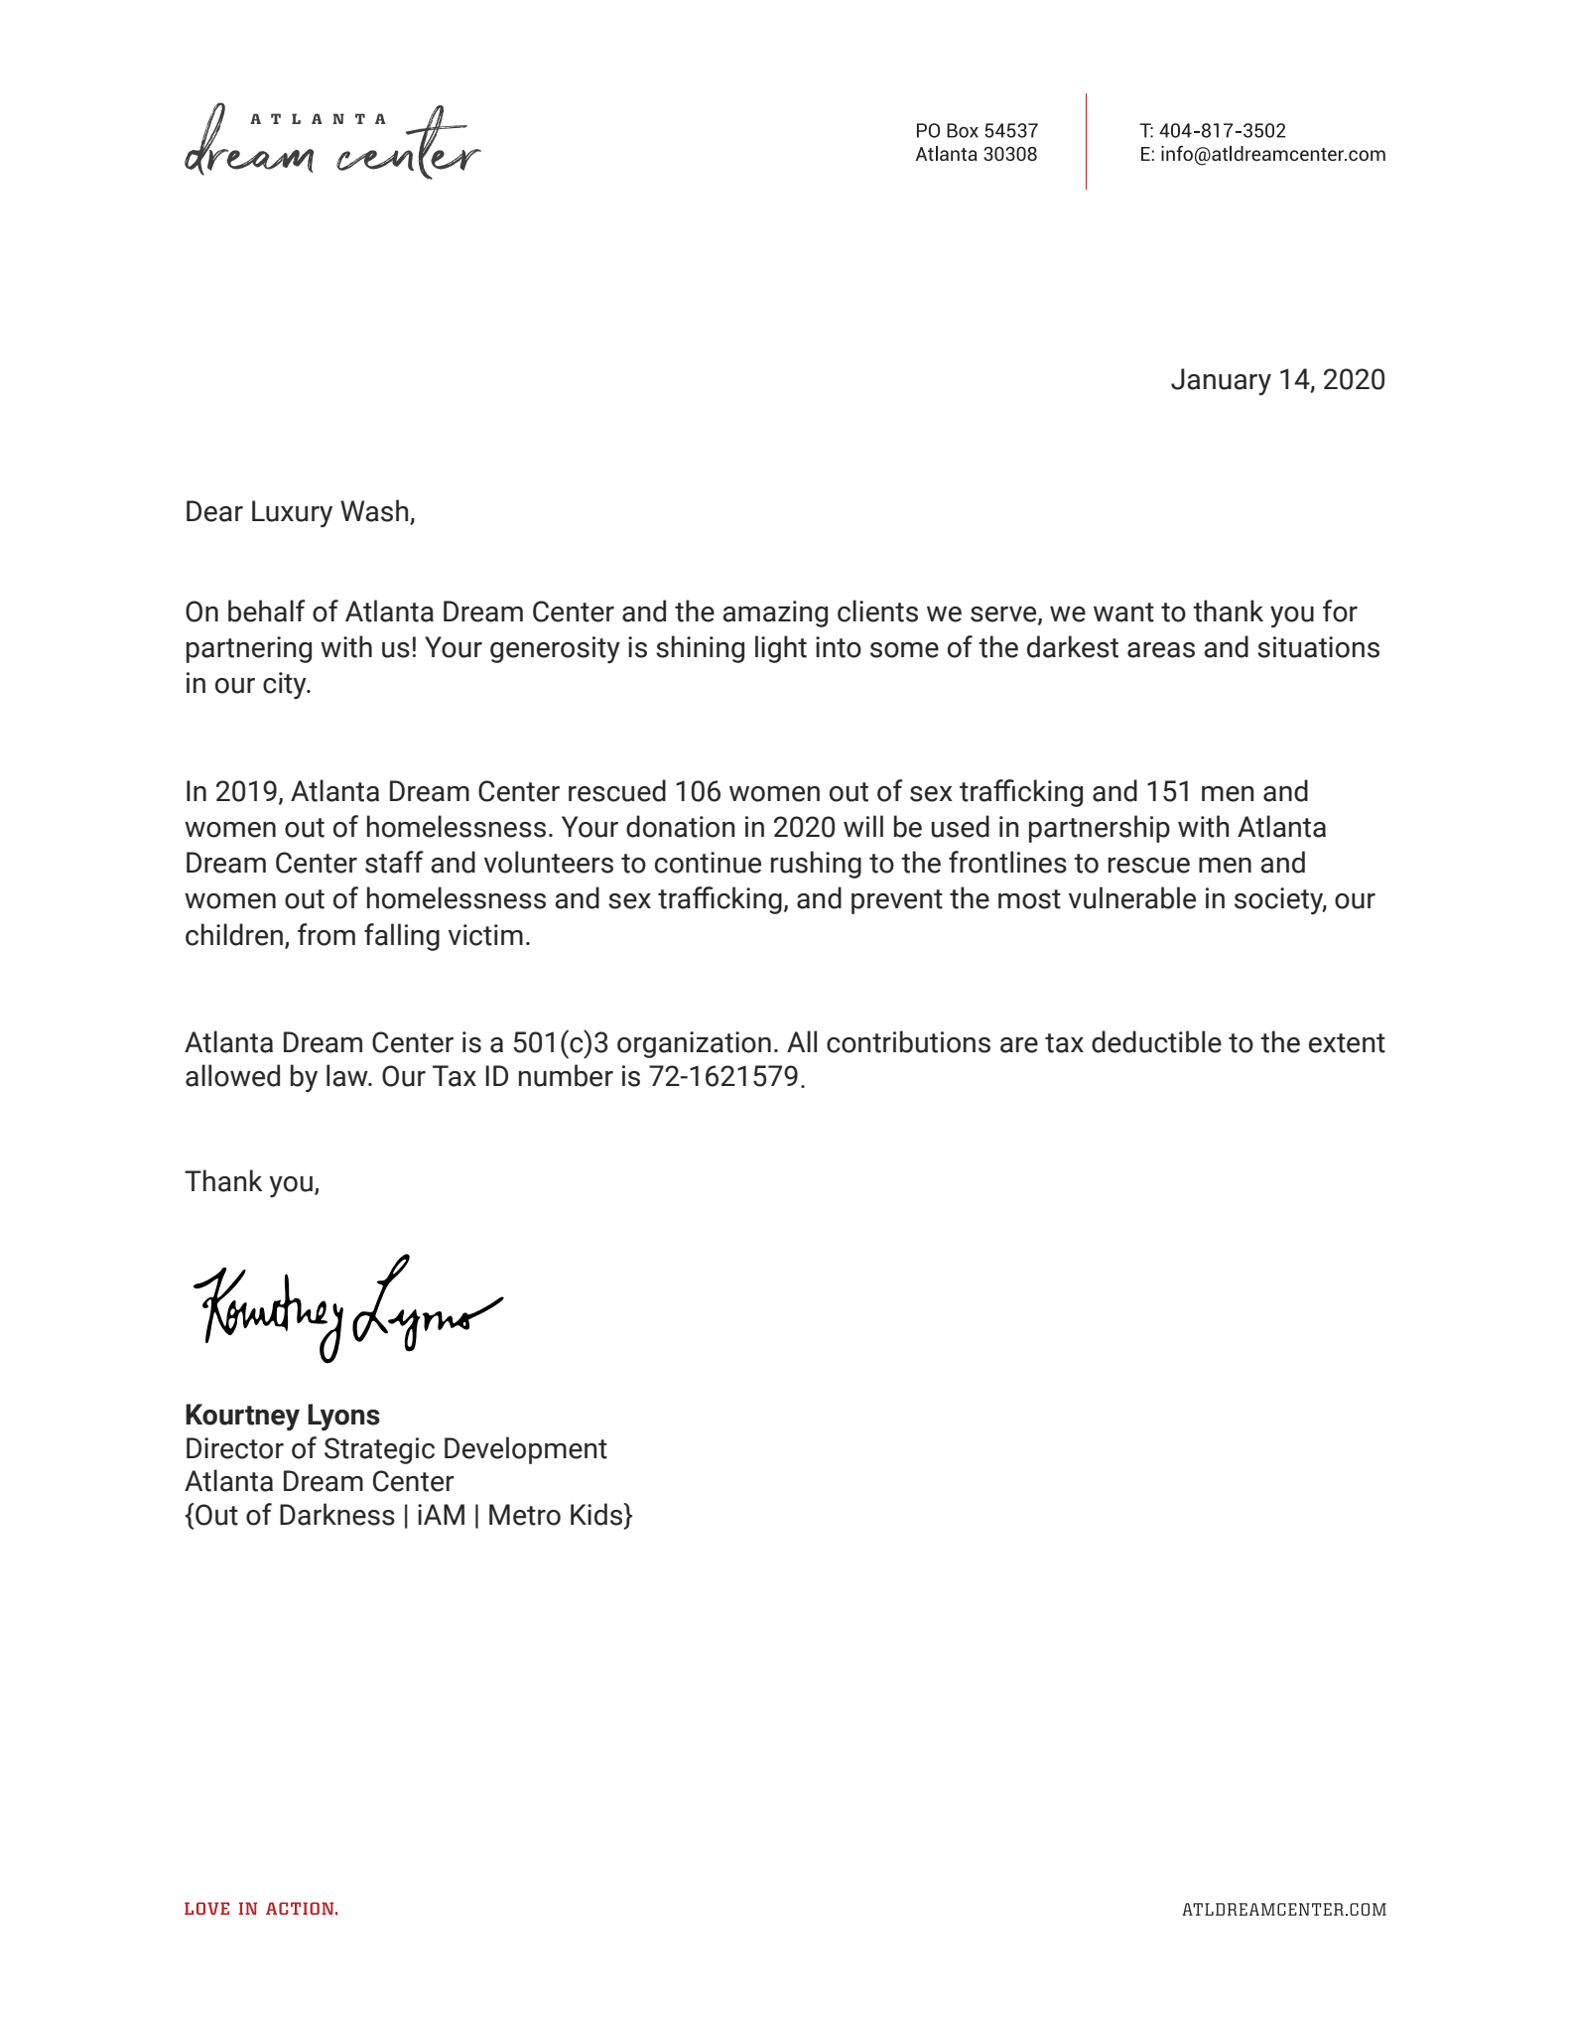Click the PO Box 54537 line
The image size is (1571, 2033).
[976, 131]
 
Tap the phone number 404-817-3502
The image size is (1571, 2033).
[1222, 131]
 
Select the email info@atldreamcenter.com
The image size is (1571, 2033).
[1272, 155]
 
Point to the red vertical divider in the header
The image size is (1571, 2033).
[1086, 141]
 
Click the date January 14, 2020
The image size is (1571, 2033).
[1277, 380]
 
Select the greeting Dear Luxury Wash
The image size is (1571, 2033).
[299, 512]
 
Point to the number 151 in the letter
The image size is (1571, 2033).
[1168, 792]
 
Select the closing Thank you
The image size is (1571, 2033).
[251, 1182]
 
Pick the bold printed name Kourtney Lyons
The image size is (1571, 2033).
[282, 1416]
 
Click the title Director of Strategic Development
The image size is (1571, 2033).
[395, 1449]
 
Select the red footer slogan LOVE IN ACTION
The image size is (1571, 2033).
[261, 1909]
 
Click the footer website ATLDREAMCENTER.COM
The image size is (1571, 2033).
[1283, 1910]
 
